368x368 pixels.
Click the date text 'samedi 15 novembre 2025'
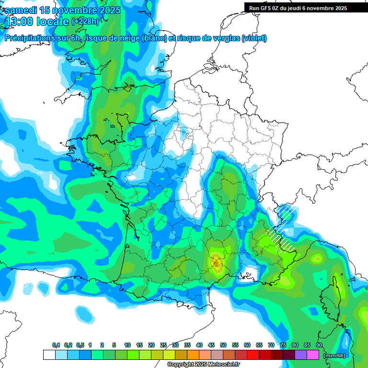(63, 10)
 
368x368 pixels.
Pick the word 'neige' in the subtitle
(130, 38)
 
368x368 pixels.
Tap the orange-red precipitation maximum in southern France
(216, 262)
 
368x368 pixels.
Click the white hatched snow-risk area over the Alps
(283, 228)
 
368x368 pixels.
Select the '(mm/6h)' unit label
(334, 355)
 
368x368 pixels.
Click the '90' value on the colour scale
(319, 345)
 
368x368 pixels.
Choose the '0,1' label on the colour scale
(56, 345)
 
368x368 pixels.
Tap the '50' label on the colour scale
(223, 345)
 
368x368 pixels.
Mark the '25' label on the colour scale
(163, 345)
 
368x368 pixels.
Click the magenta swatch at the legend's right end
(313, 355)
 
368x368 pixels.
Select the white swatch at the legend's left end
(49, 355)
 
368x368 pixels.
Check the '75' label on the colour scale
(283, 345)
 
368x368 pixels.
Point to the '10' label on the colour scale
(127, 345)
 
